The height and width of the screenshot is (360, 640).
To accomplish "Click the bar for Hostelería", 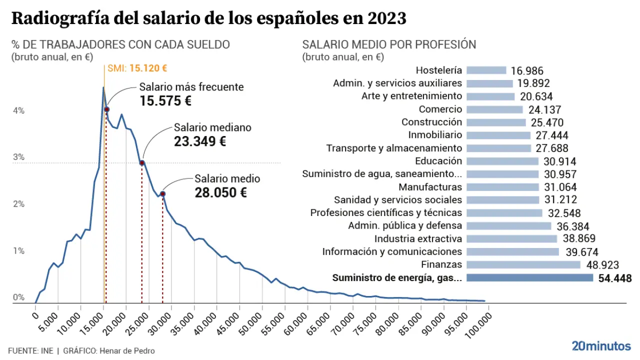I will [x=486, y=70].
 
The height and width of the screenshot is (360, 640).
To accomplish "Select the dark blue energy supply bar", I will [x=529, y=277].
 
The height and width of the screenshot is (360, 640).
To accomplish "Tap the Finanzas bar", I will [x=523, y=264].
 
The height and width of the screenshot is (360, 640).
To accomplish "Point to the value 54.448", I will [x=614, y=278].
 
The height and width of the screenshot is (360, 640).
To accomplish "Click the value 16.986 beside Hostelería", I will [x=527, y=71].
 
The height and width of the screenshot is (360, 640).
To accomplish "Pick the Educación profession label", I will [x=438, y=161].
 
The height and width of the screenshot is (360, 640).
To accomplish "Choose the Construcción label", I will [x=431, y=122].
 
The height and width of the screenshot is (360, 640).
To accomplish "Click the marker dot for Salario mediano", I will [x=142, y=163].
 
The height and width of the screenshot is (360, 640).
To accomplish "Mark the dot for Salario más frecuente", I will [x=106, y=109].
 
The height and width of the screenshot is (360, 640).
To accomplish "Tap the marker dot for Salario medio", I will [x=162, y=194].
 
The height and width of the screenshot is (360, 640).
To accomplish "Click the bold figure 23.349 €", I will [x=200, y=141].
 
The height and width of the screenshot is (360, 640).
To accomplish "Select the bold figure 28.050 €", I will [x=220, y=192].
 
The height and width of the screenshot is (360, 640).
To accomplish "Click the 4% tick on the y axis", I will [x=18, y=110].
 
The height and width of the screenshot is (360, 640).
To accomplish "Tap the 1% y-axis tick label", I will [x=18, y=250].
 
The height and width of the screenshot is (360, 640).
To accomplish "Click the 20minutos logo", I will [x=601, y=345].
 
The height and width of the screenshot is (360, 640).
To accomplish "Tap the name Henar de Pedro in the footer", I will [x=127, y=350].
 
